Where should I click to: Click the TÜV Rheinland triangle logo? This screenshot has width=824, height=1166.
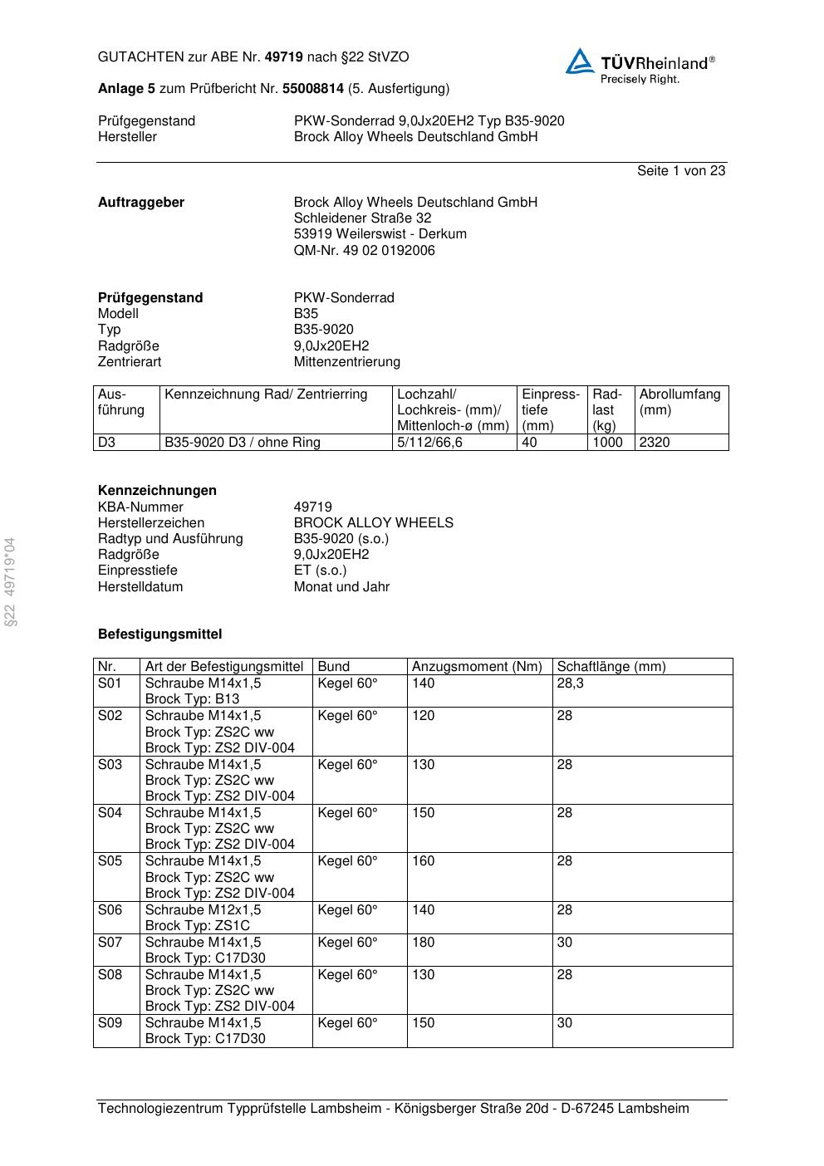[x=580, y=61]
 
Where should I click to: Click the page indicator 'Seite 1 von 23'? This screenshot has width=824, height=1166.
[x=680, y=171]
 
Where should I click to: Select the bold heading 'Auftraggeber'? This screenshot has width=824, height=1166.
[x=141, y=203]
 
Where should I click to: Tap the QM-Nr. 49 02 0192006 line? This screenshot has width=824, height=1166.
[x=364, y=251]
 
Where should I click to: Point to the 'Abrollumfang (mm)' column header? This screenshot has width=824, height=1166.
[x=679, y=402]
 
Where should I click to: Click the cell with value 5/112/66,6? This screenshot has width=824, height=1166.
[x=430, y=443]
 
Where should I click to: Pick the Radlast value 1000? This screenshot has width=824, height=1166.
[x=607, y=443]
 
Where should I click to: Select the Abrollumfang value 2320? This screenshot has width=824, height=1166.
[x=655, y=443]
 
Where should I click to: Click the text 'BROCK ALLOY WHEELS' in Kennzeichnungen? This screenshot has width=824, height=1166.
[x=373, y=523]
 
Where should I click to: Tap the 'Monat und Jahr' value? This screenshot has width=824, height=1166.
[x=341, y=587]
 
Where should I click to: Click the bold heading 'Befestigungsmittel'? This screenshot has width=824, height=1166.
[x=159, y=634]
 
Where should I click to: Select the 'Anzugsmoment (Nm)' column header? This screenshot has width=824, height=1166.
[x=477, y=667]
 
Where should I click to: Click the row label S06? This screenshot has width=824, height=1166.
[x=110, y=910]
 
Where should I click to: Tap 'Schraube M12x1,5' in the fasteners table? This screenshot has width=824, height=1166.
[x=203, y=910]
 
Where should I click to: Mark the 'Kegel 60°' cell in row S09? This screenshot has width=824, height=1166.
[x=347, y=1023]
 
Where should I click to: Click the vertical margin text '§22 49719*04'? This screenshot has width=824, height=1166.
[x=11, y=581]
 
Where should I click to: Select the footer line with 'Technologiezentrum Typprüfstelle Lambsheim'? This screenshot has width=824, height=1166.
[x=393, y=1109]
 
